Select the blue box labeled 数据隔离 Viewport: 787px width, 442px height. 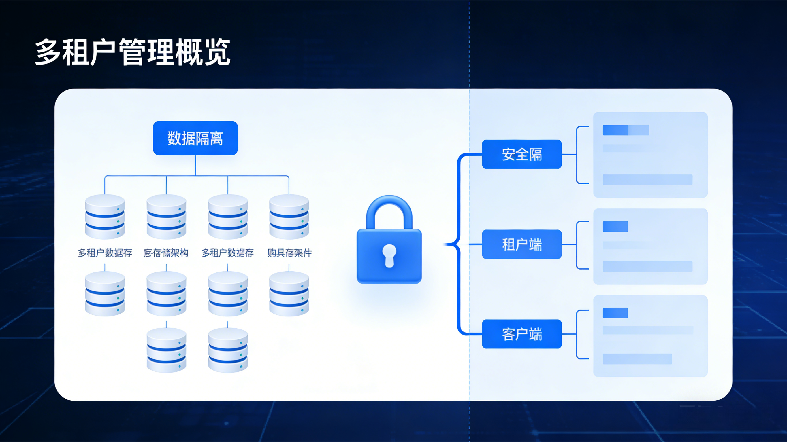click(x=195, y=138)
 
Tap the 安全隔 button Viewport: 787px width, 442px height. click(x=521, y=154)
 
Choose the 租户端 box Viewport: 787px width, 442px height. click(x=521, y=244)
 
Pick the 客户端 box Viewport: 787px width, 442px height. click(x=521, y=334)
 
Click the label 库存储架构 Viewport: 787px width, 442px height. click(x=166, y=253)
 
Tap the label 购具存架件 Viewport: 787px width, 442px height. click(x=289, y=253)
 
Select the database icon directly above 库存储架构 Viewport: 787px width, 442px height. click(x=166, y=217)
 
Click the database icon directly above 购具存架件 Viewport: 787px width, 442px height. click(x=289, y=217)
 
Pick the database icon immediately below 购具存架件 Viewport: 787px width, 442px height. click(x=289, y=294)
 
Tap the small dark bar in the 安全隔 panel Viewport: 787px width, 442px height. click(x=615, y=130)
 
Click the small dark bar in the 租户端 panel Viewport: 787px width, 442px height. click(x=615, y=227)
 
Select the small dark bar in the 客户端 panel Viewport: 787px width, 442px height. click(x=615, y=313)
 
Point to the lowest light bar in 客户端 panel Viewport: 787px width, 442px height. click(x=637, y=359)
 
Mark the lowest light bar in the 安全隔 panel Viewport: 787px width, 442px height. click(x=647, y=180)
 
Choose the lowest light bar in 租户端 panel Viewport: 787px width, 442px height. click(x=647, y=266)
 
